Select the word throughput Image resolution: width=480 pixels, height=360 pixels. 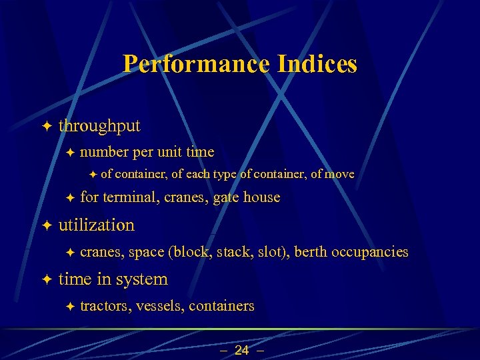(x=99, y=125)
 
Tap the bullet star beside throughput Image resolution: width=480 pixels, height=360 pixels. (x=45, y=125)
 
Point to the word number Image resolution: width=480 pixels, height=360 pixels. (x=104, y=152)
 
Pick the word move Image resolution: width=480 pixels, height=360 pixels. (x=340, y=174)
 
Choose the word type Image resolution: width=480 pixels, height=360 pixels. (x=225, y=175)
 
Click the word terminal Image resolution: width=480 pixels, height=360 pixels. (x=130, y=197)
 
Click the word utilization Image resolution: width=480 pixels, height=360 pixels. (x=97, y=225)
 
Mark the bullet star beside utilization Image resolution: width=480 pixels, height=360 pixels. (x=45, y=225)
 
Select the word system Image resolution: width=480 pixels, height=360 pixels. (x=141, y=279)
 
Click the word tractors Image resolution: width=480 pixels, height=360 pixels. (x=105, y=306)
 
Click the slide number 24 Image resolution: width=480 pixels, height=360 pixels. (x=241, y=350)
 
